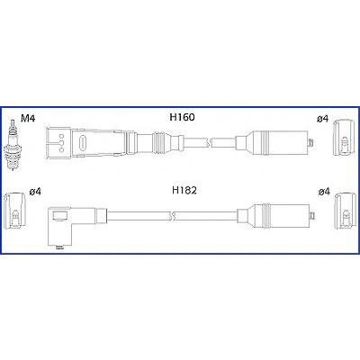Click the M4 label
[x=28, y=119]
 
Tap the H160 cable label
[x=182, y=117]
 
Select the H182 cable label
[x=184, y=190]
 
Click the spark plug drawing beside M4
[x=13, y=146]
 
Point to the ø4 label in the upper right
[x=322, y=119]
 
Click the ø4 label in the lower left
[x=35, y=191]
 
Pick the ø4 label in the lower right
[x=324, y=191]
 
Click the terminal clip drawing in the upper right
[x=344, y=138]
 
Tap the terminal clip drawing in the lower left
[x=14, y=210]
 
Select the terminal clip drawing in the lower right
[x=346, y=211]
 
